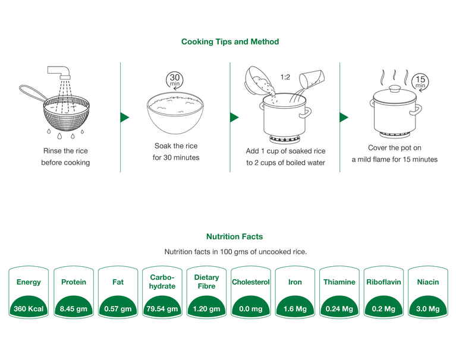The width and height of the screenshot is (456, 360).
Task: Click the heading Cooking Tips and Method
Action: [x=229, y=42]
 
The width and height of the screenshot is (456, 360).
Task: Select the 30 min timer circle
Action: [x=174, y=80]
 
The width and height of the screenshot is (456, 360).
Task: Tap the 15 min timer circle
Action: [x=420, y=82]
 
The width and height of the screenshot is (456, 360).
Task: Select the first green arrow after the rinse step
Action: [x=124, y=117]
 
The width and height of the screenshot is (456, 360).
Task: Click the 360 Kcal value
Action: [x=29, y=309]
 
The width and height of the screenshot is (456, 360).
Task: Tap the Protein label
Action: [x=73, y=282]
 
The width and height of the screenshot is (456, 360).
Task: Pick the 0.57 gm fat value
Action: [x=118, y=309]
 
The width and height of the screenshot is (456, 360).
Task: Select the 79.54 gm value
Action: [x=162, y=309]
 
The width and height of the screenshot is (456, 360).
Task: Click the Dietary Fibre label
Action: [x=206, y=282]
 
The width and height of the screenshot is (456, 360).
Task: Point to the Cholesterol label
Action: [x=250, y=282]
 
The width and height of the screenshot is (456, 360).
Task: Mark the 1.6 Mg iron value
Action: [x=295, y=309]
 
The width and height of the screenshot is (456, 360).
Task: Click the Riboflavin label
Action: [x=383, y=282]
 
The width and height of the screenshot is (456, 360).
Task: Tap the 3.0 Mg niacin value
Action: [x=428, y=309]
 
